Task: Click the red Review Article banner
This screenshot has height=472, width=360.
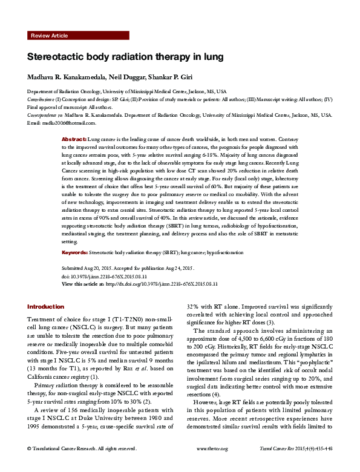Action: [78, 36]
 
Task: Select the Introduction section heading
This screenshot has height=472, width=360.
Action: [45, 307]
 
